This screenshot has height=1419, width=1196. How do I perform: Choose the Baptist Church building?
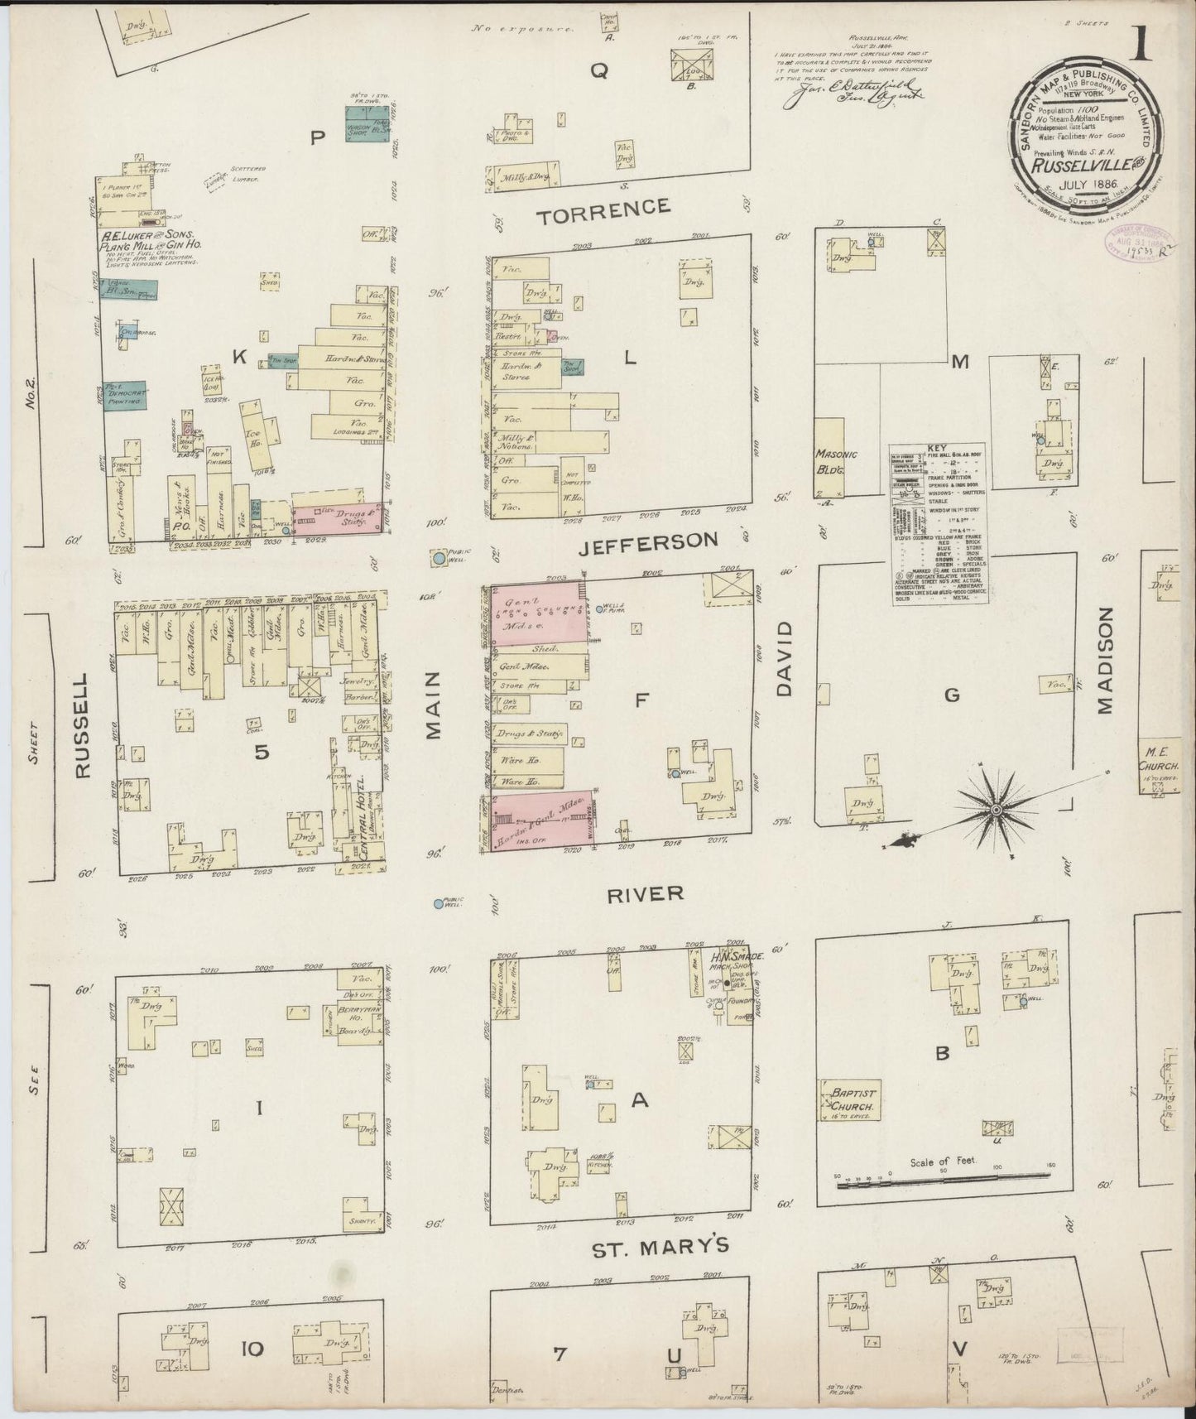(x=848, y=1099)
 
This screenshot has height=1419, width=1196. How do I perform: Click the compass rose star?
(x=997, y=808)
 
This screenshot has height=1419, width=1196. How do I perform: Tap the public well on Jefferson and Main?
(x=438, y=560)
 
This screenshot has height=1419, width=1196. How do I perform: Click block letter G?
(x=952, y=695)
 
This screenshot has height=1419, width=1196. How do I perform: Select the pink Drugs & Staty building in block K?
(x=338, y=518)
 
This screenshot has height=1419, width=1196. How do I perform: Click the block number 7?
(x=560, y=1353)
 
